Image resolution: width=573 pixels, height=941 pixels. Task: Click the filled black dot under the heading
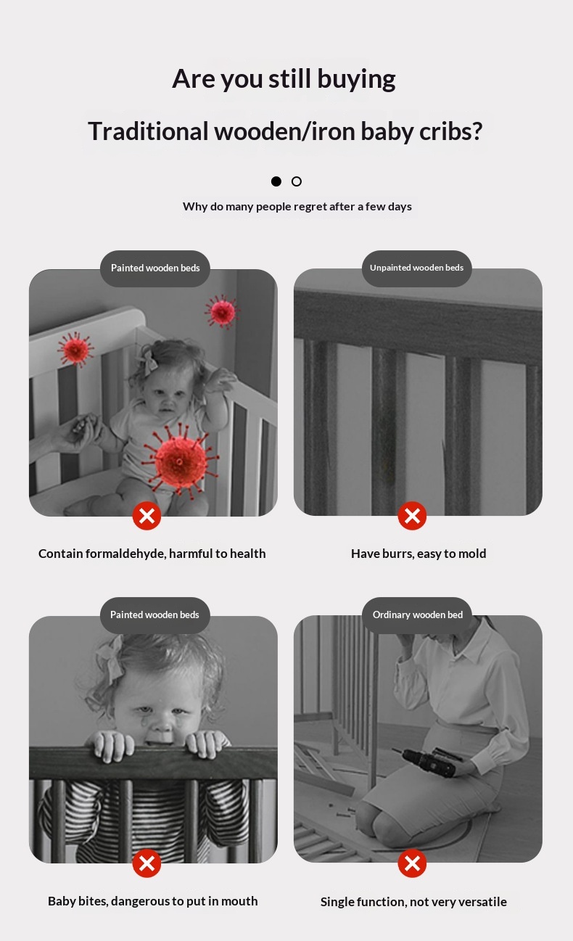pyautogui.click(x=276, y=181)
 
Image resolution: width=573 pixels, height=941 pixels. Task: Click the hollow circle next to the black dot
pyautogui.click(x=297, y=181)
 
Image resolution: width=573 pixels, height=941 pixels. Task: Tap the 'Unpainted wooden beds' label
pyautogui.click(x=417, y=268)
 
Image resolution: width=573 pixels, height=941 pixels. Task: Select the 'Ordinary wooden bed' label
pyautogui.click(x=417, y=615)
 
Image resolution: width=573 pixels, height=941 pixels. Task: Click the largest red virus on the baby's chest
pyautogui.click(x=181, y=461)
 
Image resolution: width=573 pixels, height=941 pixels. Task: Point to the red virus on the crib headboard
pyautogui.click(x=75, y=349)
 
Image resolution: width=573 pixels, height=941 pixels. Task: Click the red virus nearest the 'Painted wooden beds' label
pyautogui.click(x=222, y=311)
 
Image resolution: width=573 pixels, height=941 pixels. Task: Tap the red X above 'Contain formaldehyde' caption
pyautogui.click(x=147, y=515)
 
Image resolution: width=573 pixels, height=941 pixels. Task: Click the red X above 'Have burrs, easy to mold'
pyautogui.click(x=412, y=515)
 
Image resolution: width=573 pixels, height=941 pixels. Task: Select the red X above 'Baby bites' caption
pyautogui.click(x=147, y=863)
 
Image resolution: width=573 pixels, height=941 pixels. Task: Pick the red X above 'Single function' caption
pyautogui.click(x=412, y=863)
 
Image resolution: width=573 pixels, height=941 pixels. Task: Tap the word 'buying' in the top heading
pyautogui.click(x=356, y=80)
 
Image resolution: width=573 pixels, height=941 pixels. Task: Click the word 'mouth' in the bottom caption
pyautogui.click(x=239, y=901)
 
